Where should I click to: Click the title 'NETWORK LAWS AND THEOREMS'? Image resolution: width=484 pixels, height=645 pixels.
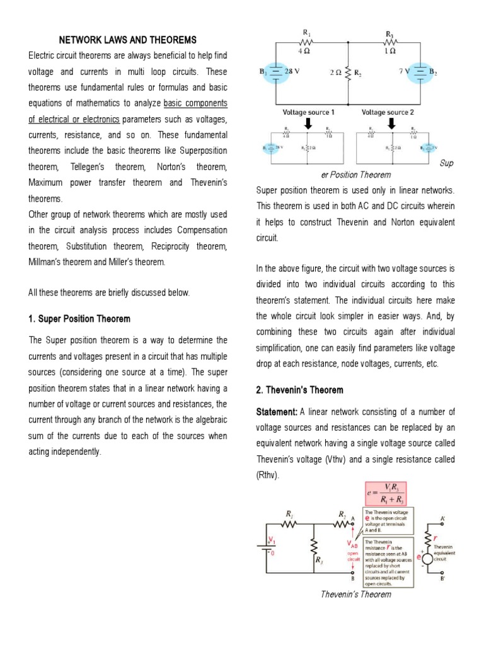point(128,40)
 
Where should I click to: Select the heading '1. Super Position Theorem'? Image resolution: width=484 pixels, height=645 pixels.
point(79,319)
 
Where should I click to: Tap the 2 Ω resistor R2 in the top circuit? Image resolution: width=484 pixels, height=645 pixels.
point(348,72)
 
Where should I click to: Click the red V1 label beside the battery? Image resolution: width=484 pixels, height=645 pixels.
point(272,540)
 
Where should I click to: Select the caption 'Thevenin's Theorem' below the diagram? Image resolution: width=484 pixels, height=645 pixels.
point(356,594)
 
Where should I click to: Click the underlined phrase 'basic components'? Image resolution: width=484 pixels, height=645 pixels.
point(195,103)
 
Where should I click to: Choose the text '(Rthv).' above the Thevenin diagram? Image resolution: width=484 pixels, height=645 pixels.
point(268,475)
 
